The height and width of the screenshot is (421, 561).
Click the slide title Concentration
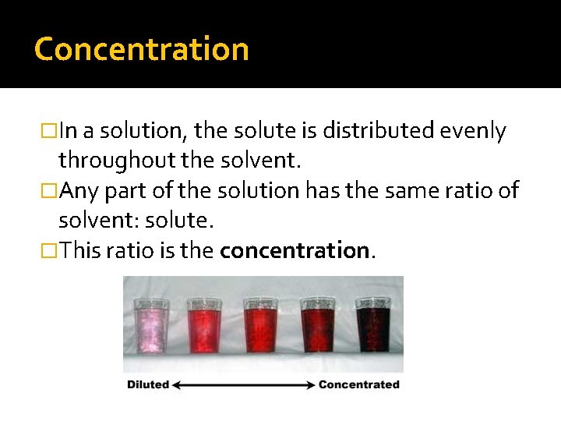[x=142, y=49]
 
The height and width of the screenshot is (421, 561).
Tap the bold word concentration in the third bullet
[x=295, y=250]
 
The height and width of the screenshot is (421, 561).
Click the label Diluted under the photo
[x=149, y=384]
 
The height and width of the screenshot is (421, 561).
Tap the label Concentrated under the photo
[x=359, y=384]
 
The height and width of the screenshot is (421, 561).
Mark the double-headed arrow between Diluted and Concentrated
[x=245, y=384]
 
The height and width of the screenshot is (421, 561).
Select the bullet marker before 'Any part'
[x=51, y=191]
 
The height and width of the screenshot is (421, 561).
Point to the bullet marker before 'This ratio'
[x=51, y=250]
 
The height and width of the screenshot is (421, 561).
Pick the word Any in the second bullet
[x=79, y=191]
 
